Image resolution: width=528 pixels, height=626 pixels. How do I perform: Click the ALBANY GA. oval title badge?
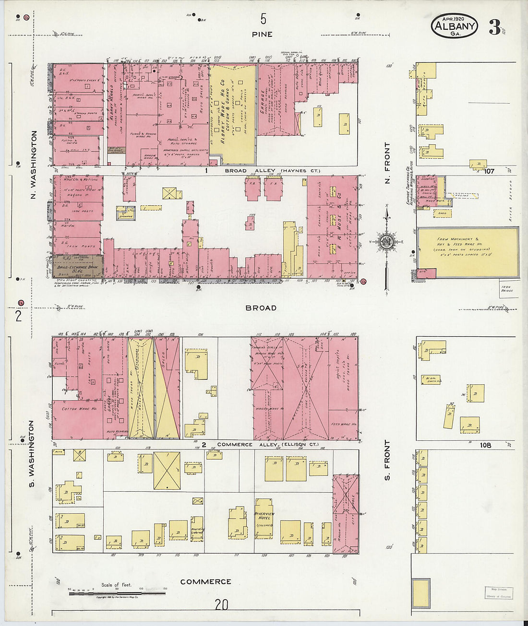tap(454, 26)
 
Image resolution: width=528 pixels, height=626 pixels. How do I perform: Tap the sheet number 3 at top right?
tap(494, 27)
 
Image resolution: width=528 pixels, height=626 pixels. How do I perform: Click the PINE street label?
tap(262, 35)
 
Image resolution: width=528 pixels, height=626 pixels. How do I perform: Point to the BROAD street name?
tap(261, 308)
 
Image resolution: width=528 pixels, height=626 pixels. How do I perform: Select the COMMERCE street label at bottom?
tap(205, 582)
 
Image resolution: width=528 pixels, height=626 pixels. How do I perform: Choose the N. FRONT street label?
tap(387, 157)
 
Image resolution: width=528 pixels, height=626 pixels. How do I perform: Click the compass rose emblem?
tap(386, 242)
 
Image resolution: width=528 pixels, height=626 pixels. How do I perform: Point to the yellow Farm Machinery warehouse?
tap(468, 251)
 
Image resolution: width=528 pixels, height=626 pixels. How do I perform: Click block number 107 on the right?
tap(489, 171)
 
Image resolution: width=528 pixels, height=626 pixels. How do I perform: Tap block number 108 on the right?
tap(485, 445)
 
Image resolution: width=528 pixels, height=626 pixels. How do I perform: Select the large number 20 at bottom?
tap(221, 604)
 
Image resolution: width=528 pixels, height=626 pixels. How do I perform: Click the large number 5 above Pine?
tap(263, 19)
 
